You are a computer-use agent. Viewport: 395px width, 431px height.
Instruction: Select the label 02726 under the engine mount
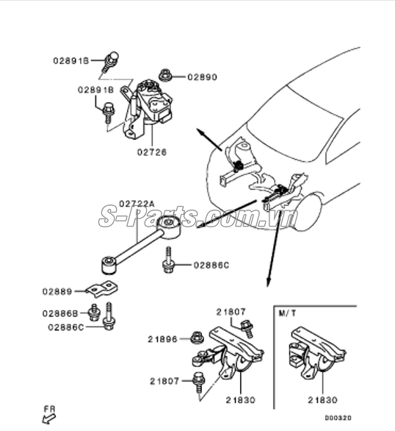point(151,152)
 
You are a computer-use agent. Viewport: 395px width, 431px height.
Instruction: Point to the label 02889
point(67,292)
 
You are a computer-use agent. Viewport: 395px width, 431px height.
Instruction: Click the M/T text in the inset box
point(288,313)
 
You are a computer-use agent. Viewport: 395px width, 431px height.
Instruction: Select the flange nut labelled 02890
point(165,74)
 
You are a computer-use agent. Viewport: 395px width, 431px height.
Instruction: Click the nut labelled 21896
point(195,338)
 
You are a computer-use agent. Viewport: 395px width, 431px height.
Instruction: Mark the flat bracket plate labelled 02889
point(103,287)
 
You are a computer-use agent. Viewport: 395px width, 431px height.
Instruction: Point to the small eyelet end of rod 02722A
point(109,260)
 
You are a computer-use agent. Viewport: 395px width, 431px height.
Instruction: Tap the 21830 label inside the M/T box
point(323,399)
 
